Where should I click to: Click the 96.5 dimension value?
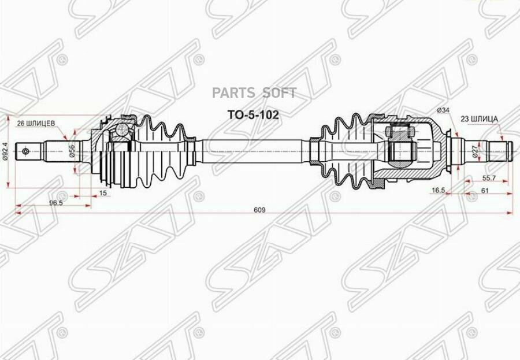pyautogui.click(x=55, y=203)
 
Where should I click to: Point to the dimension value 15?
pyautogui.click(x=103, y=193)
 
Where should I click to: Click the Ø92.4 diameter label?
pyautogui.click(x=6, y=151)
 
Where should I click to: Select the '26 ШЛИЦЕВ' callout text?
pyautogui.click(x=36, y=123)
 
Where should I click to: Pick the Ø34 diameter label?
pyautogui.click(x=443, y=110)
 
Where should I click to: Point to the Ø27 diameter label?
pyautogui.click(x=475, y=152)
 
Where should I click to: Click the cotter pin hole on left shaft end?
pyautogui.click(x=25, y=152)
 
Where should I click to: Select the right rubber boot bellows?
pyautogui.click(x=341, y=151)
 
